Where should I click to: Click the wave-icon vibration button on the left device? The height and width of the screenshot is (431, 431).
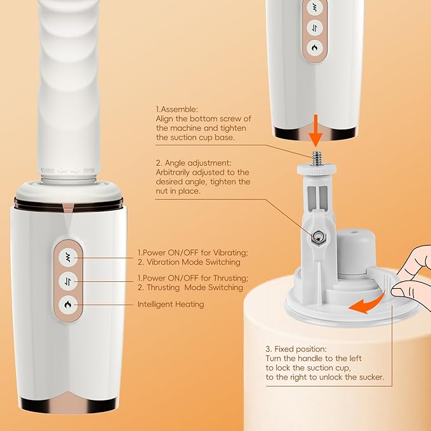pyautogui.click(x=68, y=258)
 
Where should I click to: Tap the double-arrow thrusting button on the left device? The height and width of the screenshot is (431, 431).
pyautogui.click(x=68, y=281)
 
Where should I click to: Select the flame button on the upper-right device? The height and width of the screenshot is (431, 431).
pyautogui.click(x=315, y=48)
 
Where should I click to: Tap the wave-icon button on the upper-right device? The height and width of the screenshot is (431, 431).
pyautogui.click(x=315, y=8)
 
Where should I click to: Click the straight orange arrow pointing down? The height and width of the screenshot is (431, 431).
pyautogui.click(x=316, y=131)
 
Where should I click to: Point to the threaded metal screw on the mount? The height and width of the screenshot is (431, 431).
pyautogui.click(x=317, y=158)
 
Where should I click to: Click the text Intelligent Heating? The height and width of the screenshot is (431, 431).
pyautogui.click(x=171, y=304)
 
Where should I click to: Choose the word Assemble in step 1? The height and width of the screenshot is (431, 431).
pyautogui.click(x=179, y=109)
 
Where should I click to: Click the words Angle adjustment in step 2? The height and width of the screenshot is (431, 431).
pyautogui.click(x=198, y=163)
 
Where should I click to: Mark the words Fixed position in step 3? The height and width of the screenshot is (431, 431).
pyautogui.click(x=301, y=349)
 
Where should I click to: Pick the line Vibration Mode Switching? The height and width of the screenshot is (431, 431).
pyautogui.click(x=193, y=262)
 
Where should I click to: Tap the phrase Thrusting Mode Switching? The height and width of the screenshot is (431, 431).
pyautogui.click(x=195, y=288)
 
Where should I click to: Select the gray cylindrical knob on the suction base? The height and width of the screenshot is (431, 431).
pyautogui.click(x=356, y=253)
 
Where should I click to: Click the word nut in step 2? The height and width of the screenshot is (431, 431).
pyautogui.click(x=162, y=191)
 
